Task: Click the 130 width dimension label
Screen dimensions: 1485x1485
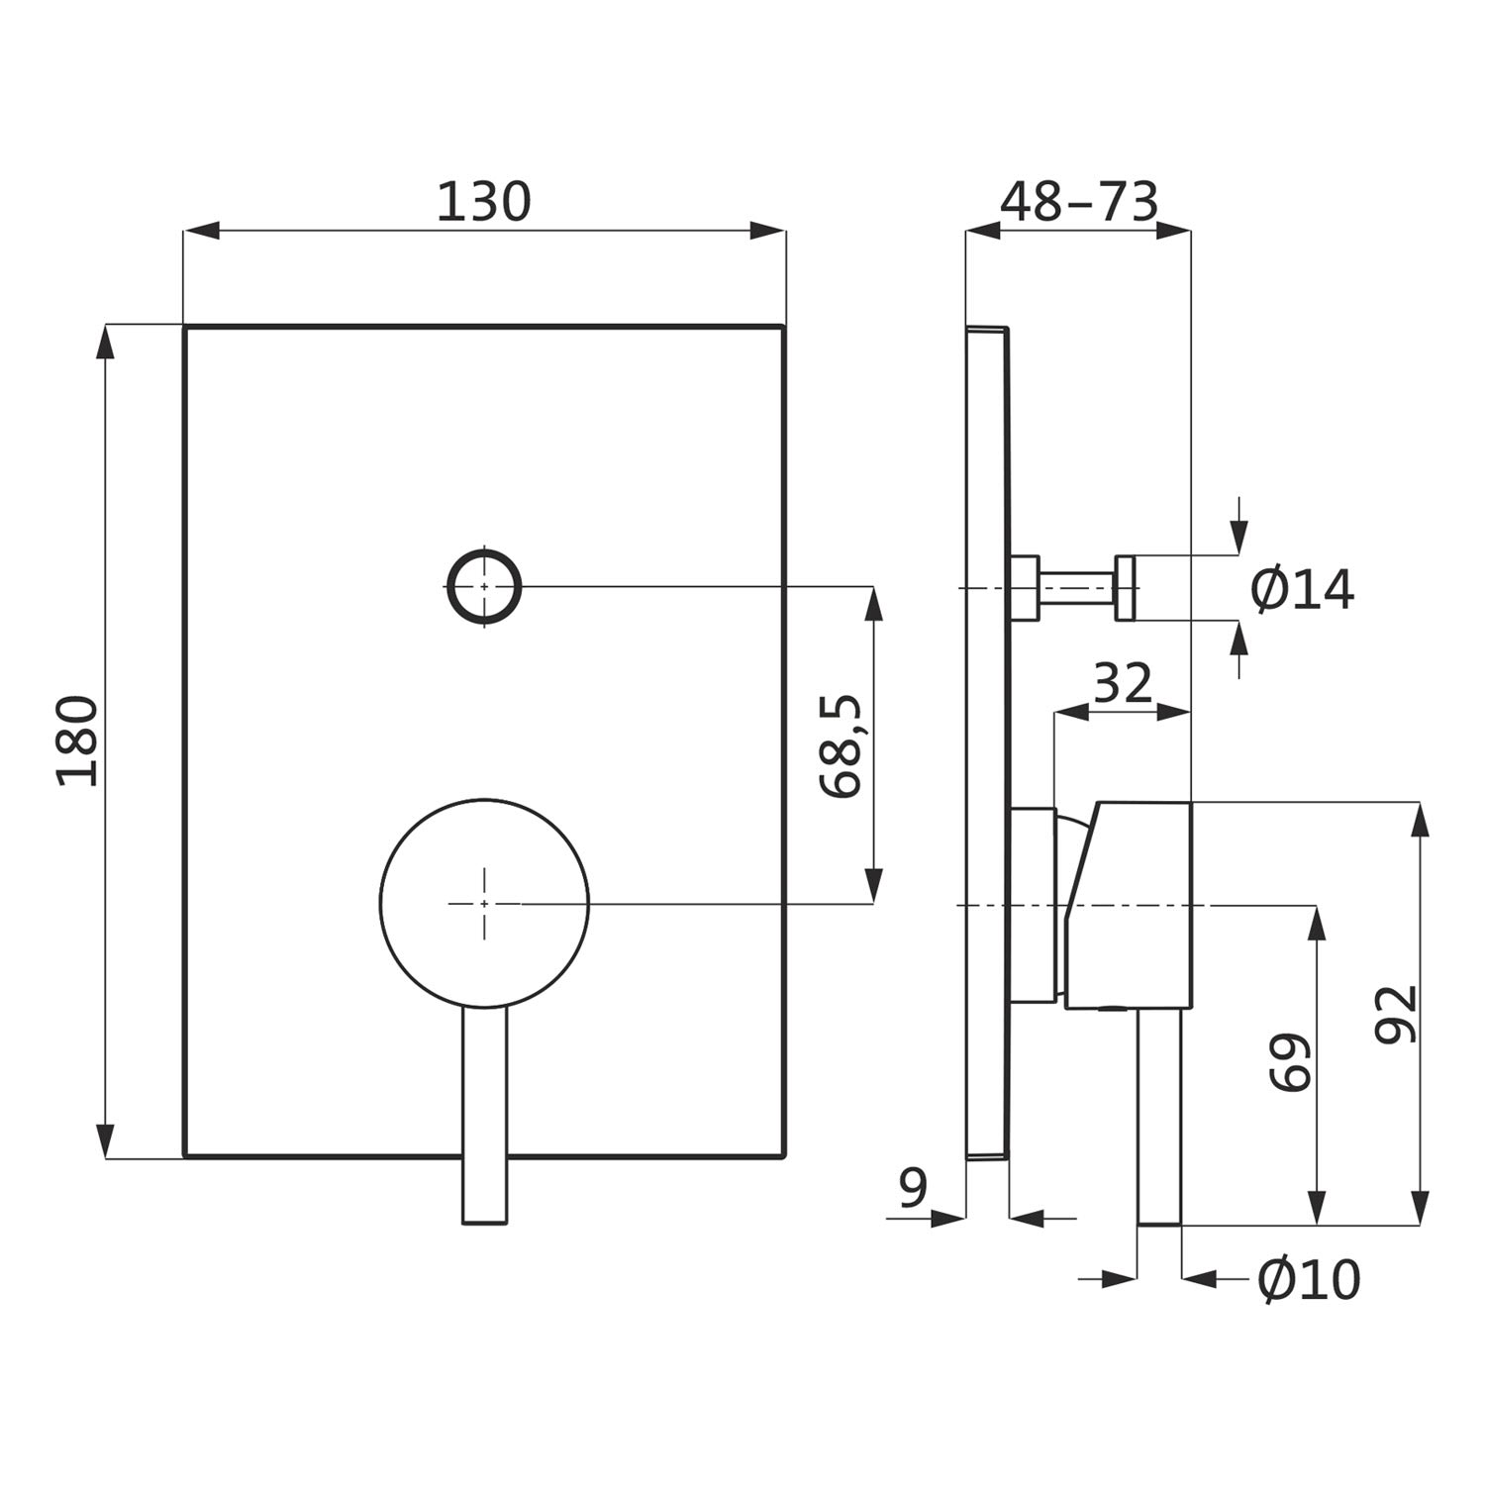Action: (484, 202)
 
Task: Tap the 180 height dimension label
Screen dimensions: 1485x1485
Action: (78, 741)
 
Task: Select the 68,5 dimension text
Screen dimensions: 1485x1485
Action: (842, 746)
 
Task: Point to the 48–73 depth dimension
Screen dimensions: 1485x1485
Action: (1078, 202)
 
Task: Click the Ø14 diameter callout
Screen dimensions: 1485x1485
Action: (1302, 590)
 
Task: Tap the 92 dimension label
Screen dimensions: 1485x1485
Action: (1398, 1013)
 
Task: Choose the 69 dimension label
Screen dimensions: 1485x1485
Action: (1291, 1062)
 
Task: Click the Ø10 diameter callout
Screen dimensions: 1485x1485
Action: (1309, 1279)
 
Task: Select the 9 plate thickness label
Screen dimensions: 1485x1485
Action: (914, 1188)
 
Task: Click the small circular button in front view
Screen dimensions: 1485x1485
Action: (484, 586)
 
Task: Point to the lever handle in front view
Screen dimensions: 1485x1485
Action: (485, 1116)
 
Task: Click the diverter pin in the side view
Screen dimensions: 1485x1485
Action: (1073, 588)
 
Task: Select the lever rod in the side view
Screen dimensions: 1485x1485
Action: (1159, 1119)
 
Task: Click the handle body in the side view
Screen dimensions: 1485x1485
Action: (1128, 907)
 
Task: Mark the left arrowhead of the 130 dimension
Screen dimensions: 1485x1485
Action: (201, 231)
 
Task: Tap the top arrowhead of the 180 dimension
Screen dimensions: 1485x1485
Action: (105, 343)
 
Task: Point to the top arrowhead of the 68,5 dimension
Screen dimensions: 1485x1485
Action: (873, 604)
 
